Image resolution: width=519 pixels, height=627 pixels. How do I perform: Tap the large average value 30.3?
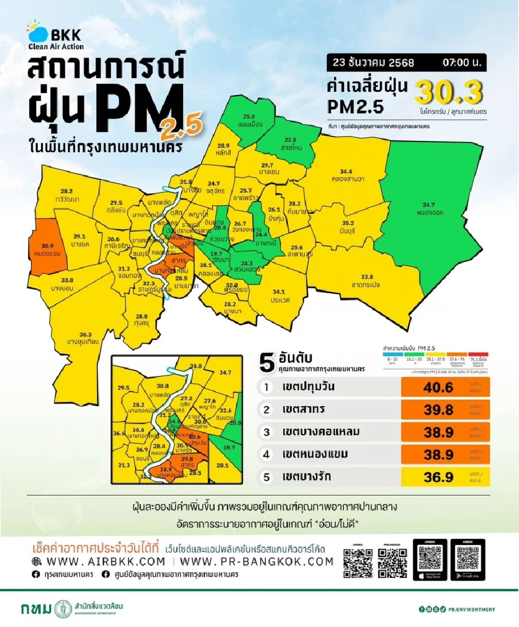[448, 93]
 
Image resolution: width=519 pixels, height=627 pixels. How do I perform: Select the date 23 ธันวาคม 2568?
[374, 62]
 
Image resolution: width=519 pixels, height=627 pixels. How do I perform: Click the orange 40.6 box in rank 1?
[445, 387]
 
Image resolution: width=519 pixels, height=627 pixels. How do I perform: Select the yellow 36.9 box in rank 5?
[445, 477]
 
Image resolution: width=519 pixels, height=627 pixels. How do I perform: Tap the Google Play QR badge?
[468, 559]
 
